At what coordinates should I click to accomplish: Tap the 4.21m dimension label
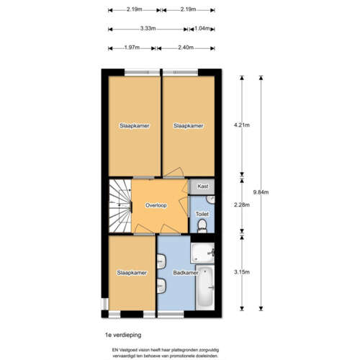(x=241, y=125)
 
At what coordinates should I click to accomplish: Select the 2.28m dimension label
(x=241, y=204)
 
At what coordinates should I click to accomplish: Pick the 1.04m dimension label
(x=203, y=29)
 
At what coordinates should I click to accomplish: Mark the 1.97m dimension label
(x=131, y=48)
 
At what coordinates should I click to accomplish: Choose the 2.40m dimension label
(x=186, y=48)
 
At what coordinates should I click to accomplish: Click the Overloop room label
(x=156, y=205)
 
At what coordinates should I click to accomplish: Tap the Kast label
(x=202, y=186)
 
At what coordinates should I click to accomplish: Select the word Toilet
(x=202, y=214)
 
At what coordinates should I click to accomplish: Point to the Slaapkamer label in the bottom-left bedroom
(x=132, y=273)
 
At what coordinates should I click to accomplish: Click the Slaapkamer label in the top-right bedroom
(x=188, y=125)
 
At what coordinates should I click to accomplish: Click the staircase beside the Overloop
(x=119, y=206)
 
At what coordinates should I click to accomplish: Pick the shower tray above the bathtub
(x=202, y=252)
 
